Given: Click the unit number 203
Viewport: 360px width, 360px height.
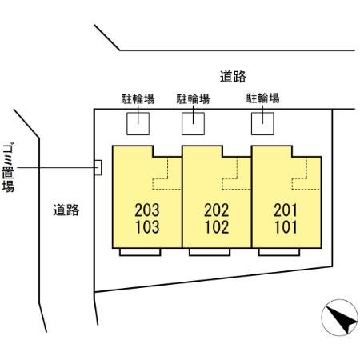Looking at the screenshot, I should coord(148,211).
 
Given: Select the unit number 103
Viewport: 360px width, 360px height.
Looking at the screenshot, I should coord(148,226).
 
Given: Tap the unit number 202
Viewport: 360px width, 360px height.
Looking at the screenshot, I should coord(218,211).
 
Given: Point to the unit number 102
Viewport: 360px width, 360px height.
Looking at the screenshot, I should coord(218,226).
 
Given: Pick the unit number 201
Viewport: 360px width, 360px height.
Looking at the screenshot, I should coord(286,211).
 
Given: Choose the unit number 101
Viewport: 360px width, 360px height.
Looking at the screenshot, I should coord(286,226).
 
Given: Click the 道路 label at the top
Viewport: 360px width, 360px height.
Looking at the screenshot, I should coord(232,77).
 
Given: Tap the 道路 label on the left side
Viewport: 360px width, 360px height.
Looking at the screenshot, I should coord(66,210).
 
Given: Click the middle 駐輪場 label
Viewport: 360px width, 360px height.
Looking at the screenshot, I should coord(193,99).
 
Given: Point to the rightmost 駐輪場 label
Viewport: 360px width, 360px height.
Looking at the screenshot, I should coord(262,99).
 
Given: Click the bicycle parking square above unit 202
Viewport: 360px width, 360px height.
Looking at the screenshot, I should coord(194,122).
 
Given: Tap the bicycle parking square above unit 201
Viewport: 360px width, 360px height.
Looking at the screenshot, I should coord(262,122).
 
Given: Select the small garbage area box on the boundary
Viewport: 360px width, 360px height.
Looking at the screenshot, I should coord(98,166).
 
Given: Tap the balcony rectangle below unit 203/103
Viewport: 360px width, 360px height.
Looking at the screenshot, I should coord(139,251).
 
